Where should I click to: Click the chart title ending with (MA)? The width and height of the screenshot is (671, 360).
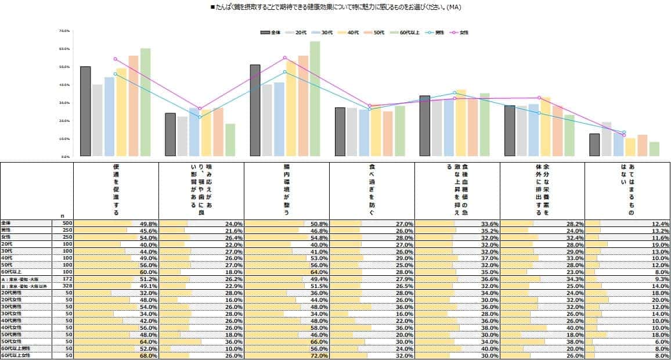pos(335,8)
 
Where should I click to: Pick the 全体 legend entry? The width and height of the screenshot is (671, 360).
pos(272,33)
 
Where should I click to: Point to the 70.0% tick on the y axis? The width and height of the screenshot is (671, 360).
pos(64,31)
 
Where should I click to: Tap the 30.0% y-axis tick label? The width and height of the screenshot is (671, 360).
pos(64,103)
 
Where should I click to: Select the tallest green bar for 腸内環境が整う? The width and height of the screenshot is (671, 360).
pos(315,99)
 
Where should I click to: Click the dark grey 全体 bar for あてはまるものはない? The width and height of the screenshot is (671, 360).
pos(594,145)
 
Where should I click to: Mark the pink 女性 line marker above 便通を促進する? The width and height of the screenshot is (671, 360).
pos(116,59)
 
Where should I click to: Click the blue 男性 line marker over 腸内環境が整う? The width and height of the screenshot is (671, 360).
pos(285,72)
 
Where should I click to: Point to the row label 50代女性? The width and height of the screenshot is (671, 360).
pos(13,341)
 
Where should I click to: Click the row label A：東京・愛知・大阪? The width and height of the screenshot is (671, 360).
pos(20,279)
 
